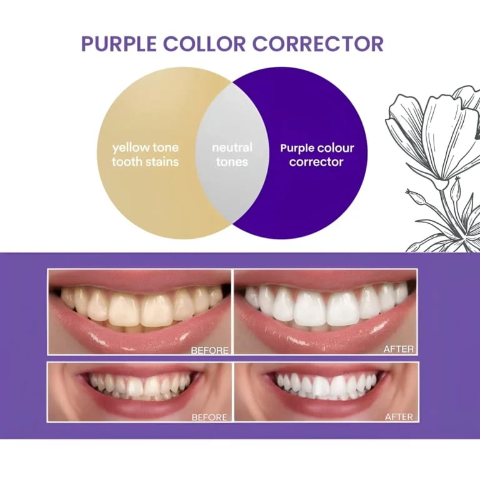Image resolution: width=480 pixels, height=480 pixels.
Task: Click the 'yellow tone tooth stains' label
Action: tap(145, 155)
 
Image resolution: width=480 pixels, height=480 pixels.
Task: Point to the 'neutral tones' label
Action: tap(232, 155)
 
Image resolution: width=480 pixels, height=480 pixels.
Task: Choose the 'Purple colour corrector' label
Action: tap(317, 155)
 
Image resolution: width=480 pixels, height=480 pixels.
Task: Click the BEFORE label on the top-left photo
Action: tap(210, 349)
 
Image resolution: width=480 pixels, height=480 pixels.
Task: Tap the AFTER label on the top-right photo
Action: tap(398, 348)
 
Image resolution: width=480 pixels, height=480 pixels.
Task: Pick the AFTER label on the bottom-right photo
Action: tap(398, 416)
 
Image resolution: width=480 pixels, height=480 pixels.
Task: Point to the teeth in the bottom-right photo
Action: tap(325, 383)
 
